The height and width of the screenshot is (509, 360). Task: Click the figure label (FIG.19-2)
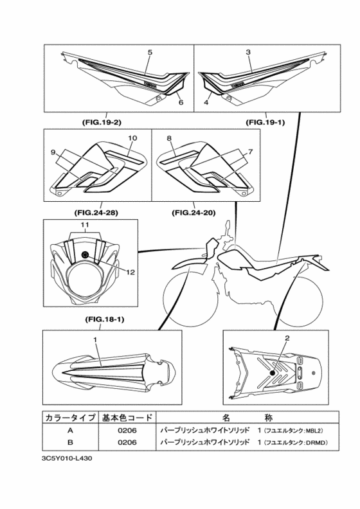pyautogui.click(x=102, y=122)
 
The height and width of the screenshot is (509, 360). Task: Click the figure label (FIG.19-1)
pyautogui.click(x=265, y=122)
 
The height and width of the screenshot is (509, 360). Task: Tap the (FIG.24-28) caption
pyautogui.click(x=96, y=213)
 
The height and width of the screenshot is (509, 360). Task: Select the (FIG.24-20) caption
pyautogui.click(x=194, y=213)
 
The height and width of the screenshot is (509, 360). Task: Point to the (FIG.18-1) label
pyautogui.click(x=105, y=319)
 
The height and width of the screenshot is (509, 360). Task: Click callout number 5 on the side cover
pyautogui.click(x=150, y=52)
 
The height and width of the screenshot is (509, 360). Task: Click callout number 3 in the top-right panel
pyautogui.click(x=248, y=52)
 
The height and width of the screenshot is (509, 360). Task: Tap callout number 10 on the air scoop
pyautogui.click(x=132, y=138)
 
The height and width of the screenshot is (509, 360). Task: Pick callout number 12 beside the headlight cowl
pyautogui.click(x=130, y=272)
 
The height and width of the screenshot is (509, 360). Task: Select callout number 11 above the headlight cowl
pyautogui.click(x=85, y=224)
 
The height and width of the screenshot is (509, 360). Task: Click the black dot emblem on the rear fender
pyautogui.click(x=272, y=373)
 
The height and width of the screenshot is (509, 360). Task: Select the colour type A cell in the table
pyautogui.click(x=70, y=431)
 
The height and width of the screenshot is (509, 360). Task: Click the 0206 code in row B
pyautogui.click(x=127, y=442)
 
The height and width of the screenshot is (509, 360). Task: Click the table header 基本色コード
pyautogui.click(x=127, y=418)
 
